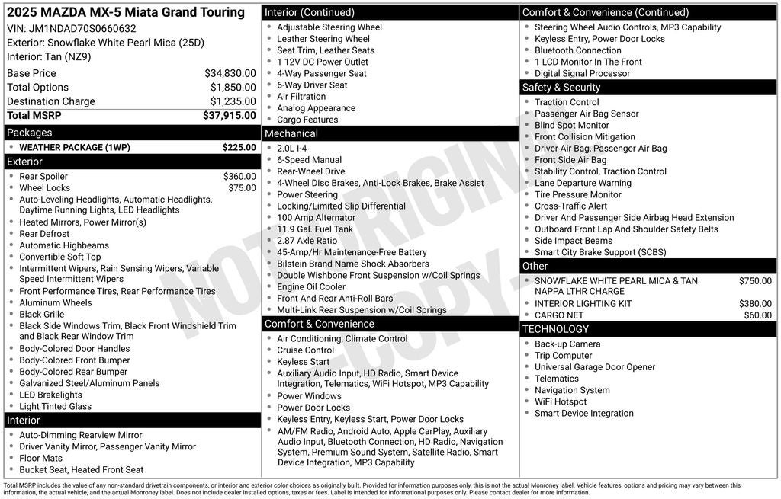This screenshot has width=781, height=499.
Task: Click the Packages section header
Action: click(29, 133)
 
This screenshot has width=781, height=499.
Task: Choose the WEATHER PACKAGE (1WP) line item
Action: click(73, 147)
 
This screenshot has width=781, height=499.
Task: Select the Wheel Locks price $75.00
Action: click(242, 188)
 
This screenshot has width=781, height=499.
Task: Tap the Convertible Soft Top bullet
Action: click(60, 257)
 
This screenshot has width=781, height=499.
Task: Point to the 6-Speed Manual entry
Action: click(309, 160)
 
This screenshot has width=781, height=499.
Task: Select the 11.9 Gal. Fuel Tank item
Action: click(315, 229)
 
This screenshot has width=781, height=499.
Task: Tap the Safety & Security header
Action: click(561, 88)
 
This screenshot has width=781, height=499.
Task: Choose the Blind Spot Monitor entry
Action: click(571, 125)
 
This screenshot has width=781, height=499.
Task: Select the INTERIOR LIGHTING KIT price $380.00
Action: click(755, 304)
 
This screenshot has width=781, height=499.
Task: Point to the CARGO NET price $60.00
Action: click(757, 315)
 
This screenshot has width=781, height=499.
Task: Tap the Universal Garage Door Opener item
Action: click(594, 367)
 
